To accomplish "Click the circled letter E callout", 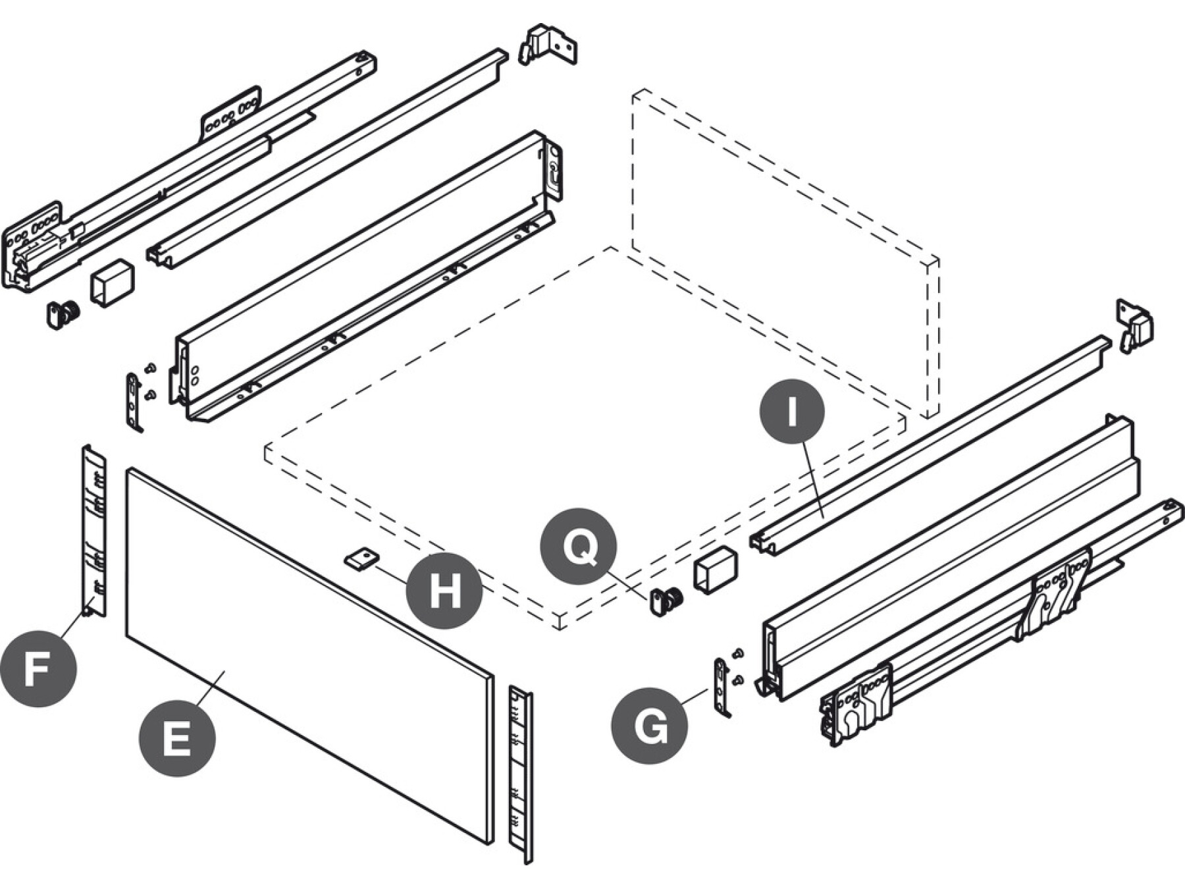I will point(176,738).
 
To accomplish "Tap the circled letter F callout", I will point(38,670).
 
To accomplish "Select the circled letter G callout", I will point(649,726).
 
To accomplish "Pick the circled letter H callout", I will point(444,590).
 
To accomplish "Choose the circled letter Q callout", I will point(578,546).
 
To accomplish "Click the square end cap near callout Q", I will point(715,569).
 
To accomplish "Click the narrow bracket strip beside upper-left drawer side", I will point(134,401).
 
